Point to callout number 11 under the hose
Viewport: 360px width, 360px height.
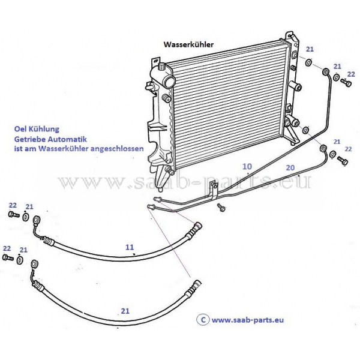129,247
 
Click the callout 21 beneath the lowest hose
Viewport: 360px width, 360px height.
125,311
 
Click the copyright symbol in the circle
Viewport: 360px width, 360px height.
203,320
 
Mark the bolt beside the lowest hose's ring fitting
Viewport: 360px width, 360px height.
8,257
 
